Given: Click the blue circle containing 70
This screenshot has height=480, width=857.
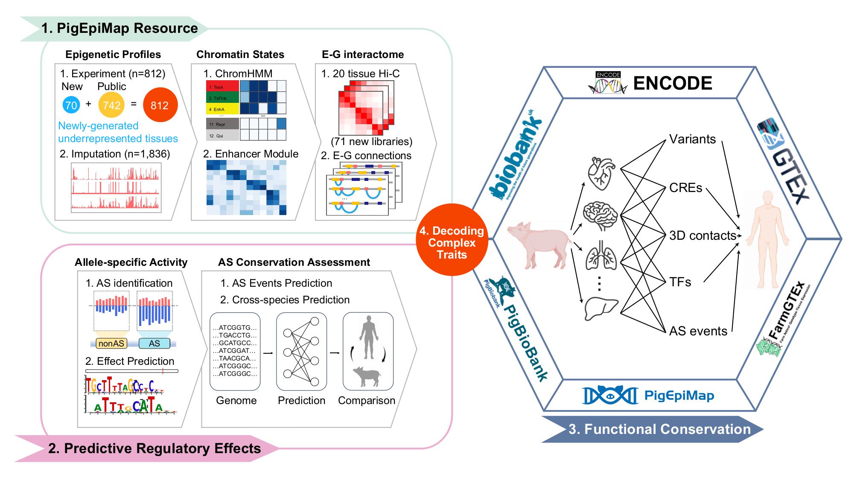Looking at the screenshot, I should tap(71, 105).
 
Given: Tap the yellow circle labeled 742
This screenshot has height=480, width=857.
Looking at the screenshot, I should tap(111, 105).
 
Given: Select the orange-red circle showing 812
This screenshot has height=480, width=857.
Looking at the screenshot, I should tap(160, 105).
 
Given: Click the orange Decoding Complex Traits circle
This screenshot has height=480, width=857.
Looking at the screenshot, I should tap(452, 242).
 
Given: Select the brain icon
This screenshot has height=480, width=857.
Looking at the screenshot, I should tap(601, 215).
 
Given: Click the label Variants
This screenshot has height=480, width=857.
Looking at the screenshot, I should tap(692, 140).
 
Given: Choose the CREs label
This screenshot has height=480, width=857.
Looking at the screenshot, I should tap(685, 188).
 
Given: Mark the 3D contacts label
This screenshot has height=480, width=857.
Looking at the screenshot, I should tap(703, 236).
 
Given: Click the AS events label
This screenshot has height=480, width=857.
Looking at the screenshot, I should tap(698, 331).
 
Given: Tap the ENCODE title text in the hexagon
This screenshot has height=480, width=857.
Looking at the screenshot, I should tap(673, 83).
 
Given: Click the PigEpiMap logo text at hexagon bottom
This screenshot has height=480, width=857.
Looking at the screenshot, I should tap(679, 396).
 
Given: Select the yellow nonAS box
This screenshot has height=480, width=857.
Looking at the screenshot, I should tap(111, 343).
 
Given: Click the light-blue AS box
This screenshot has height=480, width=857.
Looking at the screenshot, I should tap(154, 343).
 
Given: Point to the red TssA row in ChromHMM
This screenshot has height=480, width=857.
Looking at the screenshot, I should tap(222, 87).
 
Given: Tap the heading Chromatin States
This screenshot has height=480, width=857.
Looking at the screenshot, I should tap(240, 55).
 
